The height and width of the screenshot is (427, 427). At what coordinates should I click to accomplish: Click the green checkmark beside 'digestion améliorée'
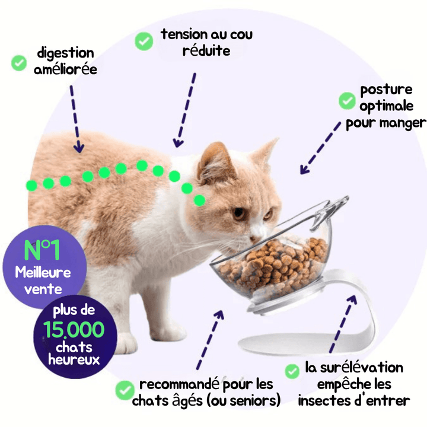pos(19,63)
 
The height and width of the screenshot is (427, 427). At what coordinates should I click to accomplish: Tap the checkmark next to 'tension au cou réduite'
pos(144,41)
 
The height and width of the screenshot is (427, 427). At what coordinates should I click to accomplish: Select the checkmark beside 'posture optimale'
pos(347,101)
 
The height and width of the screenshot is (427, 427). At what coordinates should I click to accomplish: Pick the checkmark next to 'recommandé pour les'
pos(125,390)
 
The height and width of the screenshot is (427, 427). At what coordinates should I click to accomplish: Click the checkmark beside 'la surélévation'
pos(292,371)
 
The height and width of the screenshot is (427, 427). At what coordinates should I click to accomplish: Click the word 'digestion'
pos(66,53)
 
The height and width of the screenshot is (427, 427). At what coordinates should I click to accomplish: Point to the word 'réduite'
pos(206,50)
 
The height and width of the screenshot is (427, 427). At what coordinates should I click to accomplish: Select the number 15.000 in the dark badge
pos(74,329)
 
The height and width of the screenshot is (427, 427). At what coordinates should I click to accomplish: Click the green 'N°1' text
pos(42,250)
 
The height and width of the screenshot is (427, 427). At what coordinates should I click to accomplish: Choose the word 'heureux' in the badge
pos(74,359)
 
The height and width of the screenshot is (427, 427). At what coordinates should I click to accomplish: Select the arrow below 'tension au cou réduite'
pos(185,110)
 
